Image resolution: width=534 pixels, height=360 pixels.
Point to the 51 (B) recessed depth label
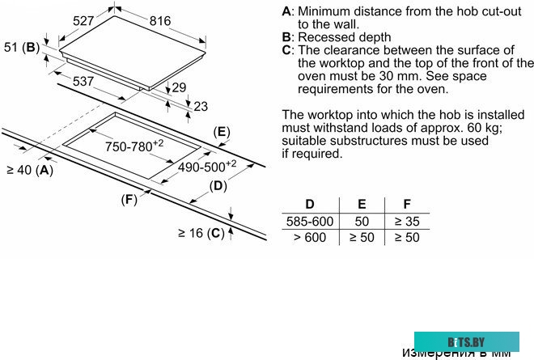tap(21, 48)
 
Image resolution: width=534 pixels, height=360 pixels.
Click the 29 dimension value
tap(179, 87)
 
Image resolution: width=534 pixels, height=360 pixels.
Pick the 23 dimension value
tap(201, 105)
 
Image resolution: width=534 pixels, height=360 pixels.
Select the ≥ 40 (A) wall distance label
tap(29, 170)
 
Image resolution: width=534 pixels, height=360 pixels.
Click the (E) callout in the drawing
tap(220, 132)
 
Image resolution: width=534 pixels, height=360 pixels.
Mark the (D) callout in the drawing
tap(218, 186)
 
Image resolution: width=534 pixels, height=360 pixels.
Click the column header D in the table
tap(309, 204)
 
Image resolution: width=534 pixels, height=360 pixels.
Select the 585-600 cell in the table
tap(309, 221)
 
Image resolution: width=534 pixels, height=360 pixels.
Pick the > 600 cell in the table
tap(309, 237)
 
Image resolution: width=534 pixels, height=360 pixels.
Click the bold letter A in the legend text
tap(286, 12)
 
